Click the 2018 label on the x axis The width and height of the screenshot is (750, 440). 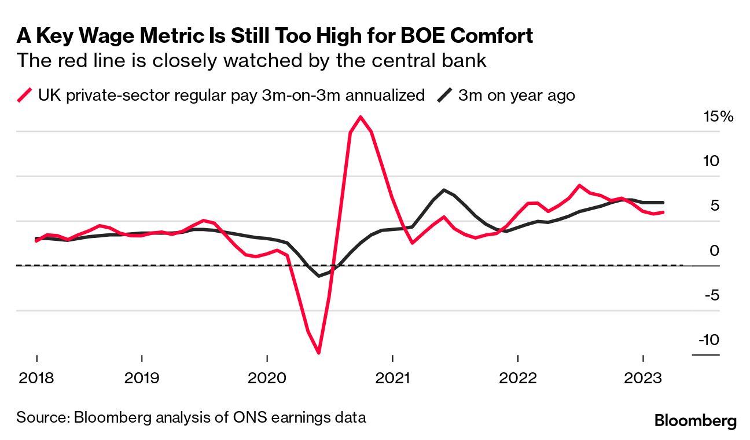36,379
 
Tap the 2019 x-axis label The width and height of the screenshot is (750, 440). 142,379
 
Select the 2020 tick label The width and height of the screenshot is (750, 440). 267,379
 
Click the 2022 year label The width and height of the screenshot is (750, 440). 517,379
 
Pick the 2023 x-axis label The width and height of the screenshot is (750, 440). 643,379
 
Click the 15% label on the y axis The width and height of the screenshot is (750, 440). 718,116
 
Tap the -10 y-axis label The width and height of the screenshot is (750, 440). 708,339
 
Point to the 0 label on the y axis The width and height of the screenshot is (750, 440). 715,250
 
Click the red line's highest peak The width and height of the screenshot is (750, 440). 361,117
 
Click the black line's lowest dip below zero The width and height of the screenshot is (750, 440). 319,276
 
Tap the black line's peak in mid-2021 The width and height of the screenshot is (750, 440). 443,190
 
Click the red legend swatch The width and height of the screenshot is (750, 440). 25,95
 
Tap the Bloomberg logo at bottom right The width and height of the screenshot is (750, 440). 695,421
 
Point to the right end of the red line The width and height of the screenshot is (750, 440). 663,212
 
